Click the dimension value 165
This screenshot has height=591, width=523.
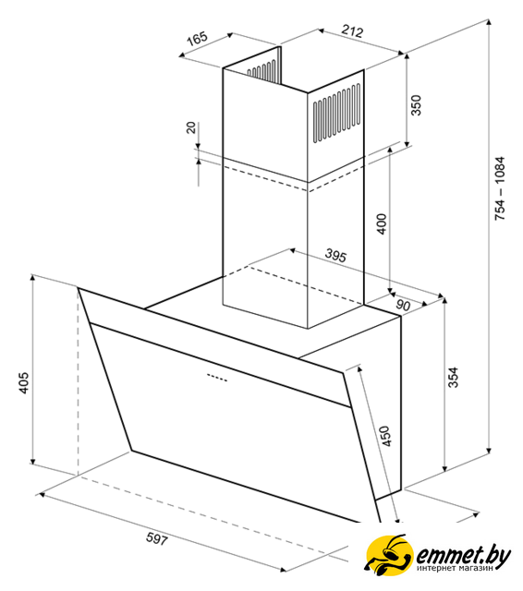click(x=198, y=38)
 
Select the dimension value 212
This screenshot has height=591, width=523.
click(x=352, y=30)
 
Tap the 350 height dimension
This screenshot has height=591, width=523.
click(x=415, y=105)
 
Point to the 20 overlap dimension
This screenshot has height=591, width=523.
click(x=191, y=127)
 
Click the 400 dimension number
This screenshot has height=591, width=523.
click(x=382, y=223)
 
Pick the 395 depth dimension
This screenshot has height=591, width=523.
click(x=335, y=256)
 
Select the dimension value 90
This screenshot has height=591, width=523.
click(x=403, y=305)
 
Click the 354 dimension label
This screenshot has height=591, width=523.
click(x=453, y=377)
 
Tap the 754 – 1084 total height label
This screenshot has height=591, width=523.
click(x=499, y=188)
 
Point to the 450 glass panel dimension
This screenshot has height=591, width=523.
click(x=385, y=436)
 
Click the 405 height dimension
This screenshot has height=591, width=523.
click(x=23, y=383)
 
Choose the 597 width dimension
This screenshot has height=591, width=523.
click(x=156, y=538)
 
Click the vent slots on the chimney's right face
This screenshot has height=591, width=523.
click(x=336, y=113)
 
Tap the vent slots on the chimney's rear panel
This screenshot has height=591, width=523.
click(x=261, y=70)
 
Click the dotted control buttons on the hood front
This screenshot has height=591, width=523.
click(x=217, y=378)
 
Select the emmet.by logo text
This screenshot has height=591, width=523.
click(x=463, y=555)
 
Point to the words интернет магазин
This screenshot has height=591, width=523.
click(x=456, y=568)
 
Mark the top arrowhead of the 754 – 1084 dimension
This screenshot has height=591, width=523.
click(x=489, y=22)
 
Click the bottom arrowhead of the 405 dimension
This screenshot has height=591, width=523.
click(x=33, y=461)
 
